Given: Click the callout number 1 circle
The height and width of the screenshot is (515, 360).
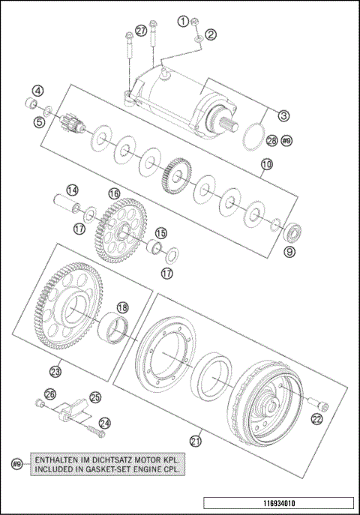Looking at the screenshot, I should click(181, 21).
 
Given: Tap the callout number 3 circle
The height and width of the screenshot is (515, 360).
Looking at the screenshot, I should click(283, 115).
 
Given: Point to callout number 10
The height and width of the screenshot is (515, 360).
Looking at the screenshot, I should click(265, 164).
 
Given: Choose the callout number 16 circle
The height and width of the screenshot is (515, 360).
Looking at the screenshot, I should click(114, 193).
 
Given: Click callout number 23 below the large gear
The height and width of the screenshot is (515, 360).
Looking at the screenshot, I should click(55, 370).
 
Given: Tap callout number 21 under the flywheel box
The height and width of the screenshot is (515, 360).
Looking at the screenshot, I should click(196, 441).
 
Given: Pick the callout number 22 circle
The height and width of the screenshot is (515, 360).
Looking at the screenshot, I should click(317, 418).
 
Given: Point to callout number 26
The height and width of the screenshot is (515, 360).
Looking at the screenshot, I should click(49, 394).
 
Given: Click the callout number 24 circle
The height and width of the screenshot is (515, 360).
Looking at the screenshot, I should click(104, 424).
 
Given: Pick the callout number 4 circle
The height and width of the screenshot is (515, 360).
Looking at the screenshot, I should click(37, 91).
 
